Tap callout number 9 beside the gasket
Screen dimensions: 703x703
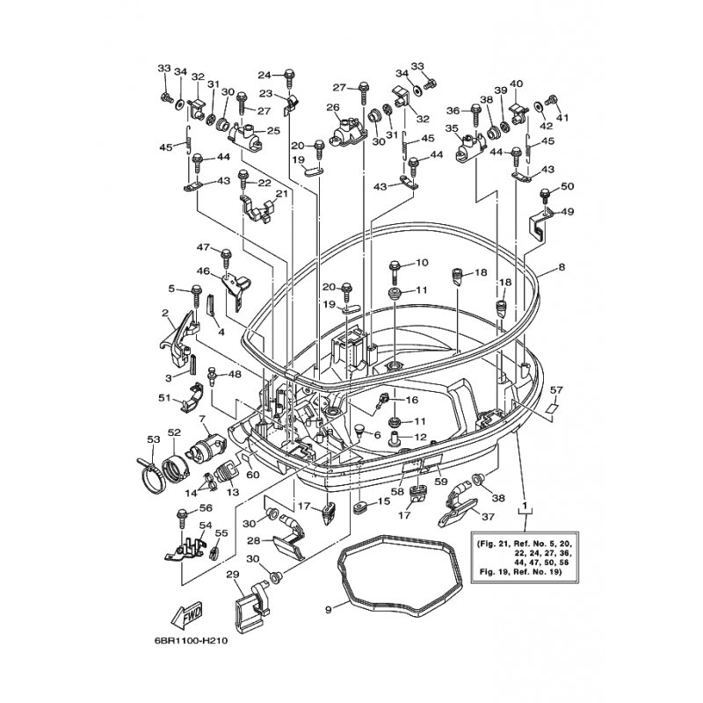coord(328,608)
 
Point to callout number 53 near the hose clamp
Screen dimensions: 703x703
coord(153,438)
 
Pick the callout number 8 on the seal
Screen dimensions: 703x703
coord(562,266)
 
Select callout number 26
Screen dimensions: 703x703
coord(333,108)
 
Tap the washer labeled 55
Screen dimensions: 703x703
coord(214,554)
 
